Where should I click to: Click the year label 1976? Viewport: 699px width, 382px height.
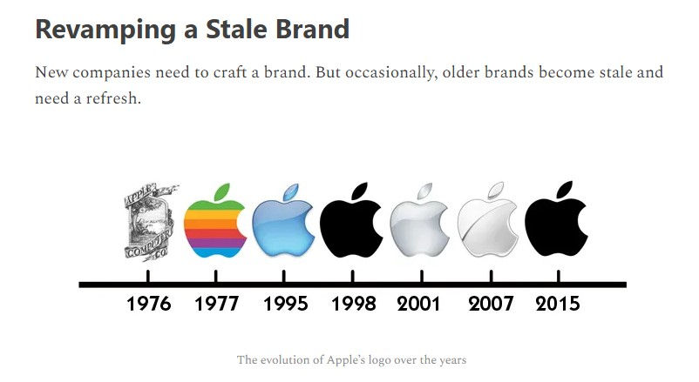148,305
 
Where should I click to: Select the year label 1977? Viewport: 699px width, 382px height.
216,305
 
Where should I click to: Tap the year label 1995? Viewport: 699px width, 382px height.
285,305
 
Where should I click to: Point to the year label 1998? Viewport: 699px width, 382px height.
354,305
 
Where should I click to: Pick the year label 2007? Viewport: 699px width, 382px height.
491,305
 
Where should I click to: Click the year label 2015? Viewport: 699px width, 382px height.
558,305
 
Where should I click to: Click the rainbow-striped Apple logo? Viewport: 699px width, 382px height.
214,228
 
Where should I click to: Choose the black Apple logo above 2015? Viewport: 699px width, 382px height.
555,226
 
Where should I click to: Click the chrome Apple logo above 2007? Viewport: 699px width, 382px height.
487,228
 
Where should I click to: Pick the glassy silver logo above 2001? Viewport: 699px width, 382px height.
418,228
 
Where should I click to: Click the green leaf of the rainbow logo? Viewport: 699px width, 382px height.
222,191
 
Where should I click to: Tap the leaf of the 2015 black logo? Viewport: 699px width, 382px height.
564,190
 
